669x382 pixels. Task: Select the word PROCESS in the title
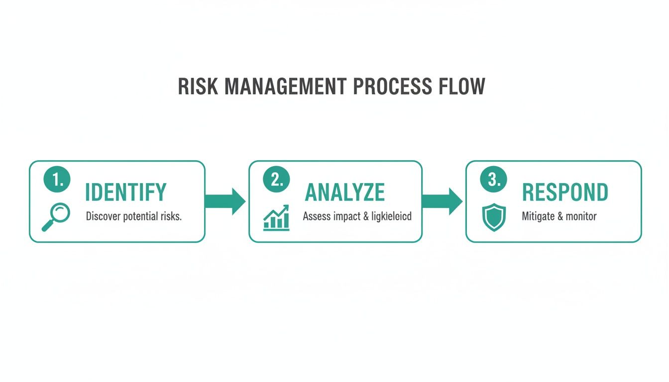click(392, 87)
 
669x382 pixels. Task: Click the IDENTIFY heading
click(125, 192)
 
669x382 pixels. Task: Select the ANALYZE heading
click(344, 192)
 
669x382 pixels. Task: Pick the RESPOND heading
click(565, 192)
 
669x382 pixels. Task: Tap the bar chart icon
click(276, 217)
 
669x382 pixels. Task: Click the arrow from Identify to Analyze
click(225, 201)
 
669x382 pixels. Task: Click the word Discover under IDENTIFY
click(104, 217)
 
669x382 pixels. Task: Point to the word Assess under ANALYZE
click(317, 217)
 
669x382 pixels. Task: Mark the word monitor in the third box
click(581, 217)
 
